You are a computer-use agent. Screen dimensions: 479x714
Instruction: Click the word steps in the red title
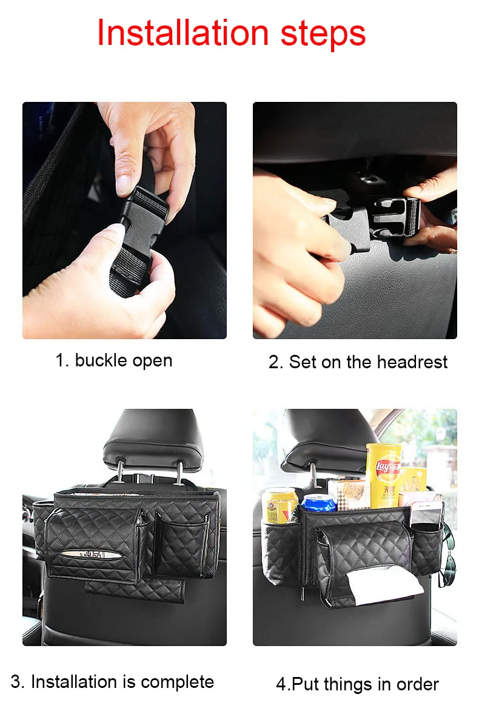(323, 34)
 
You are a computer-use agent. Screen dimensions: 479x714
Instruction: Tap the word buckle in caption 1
(101, 360)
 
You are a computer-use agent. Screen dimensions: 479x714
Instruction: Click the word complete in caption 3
(177, 682)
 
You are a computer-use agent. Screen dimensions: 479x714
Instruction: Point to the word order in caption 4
(418, 684)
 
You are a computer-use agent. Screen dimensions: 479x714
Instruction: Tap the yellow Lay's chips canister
(383, 476)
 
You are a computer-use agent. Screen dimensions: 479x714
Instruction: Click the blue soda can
(319, 503)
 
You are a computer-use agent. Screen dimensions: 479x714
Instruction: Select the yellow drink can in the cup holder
(280, 505)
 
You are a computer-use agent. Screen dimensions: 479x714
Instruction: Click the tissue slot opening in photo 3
(90, 554)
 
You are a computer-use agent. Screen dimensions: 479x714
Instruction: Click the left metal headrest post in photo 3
(119, 471)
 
